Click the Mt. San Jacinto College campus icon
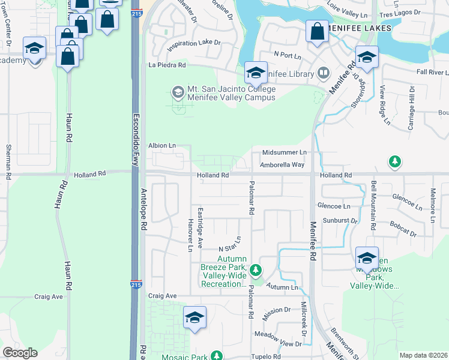(178, 92)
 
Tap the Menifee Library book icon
(324, 74)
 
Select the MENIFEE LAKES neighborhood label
(360, 28)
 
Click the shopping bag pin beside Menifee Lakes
(316, 32)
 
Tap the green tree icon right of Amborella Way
(394, 161)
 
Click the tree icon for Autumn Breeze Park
(256, 271)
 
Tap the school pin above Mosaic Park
(194, 318)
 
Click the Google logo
(20, 353)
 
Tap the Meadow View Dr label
(277, 343)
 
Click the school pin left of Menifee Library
(256, 73)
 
